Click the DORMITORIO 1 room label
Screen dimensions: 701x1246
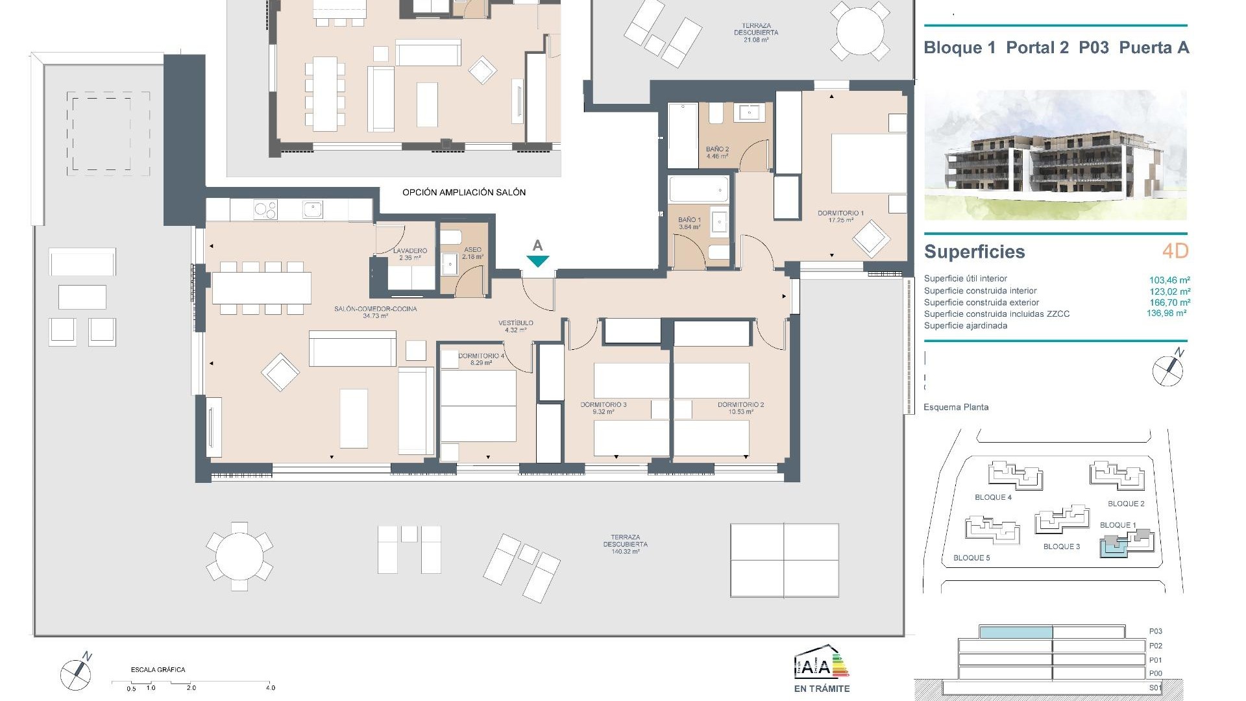click(x=840, y=213)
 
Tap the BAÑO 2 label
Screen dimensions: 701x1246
click(x=717, y=149)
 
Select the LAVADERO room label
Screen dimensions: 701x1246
click(x=410, y=251)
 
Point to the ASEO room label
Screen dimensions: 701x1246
click(x=472, y=250)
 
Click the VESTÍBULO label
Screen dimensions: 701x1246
click(x=516, y=323)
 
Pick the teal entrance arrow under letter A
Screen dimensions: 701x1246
click(x=537, y=261)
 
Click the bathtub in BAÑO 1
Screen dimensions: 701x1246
click(x=698, y=191)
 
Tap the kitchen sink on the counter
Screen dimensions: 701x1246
click(x=312, y=210)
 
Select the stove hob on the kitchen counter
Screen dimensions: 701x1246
click(x=265, y=210)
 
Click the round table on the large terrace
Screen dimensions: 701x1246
click(x=239, y=556)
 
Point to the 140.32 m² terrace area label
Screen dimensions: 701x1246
click(x=625, y=552)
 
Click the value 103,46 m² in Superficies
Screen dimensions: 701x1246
click(x=1169, y=280)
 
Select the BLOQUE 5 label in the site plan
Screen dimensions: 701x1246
click(x=971, y=558)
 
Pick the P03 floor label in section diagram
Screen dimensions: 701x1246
click(x=1155, y=631)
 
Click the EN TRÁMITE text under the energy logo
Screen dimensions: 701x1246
click(x=822, y=689)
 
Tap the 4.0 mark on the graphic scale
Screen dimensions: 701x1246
click(x=271, y=687)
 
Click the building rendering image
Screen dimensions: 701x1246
click(x=1055, y=154)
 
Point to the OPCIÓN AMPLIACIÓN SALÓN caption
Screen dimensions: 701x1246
click(x=464, y=192)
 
